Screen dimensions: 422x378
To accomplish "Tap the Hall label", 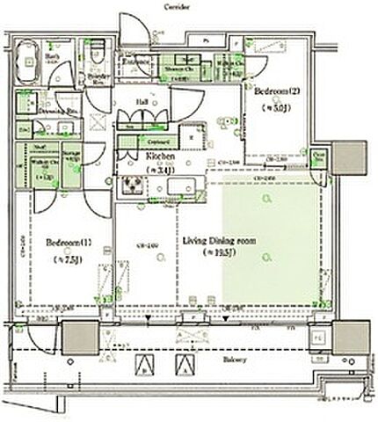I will [x=141, y=102].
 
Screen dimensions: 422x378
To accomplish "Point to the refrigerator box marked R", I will [x=193, y=138].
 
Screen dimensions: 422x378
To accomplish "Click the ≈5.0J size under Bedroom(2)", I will [x=274, y=109].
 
